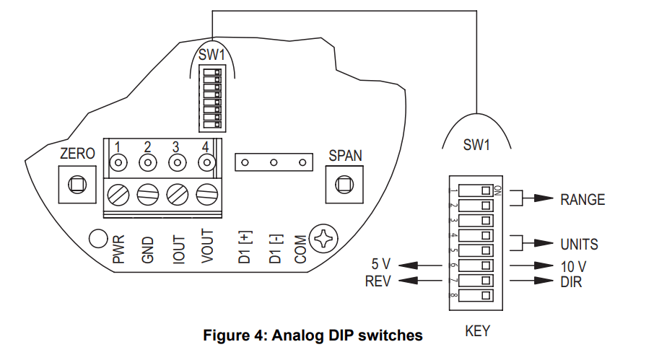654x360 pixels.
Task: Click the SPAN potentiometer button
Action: [x=340, y=185]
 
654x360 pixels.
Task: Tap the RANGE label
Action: [x=582, y=200]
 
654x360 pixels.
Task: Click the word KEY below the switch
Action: [x=478, y=331]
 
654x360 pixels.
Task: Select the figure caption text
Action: [x=313, y=335]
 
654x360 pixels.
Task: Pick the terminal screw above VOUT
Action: [x=207, y=195]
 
